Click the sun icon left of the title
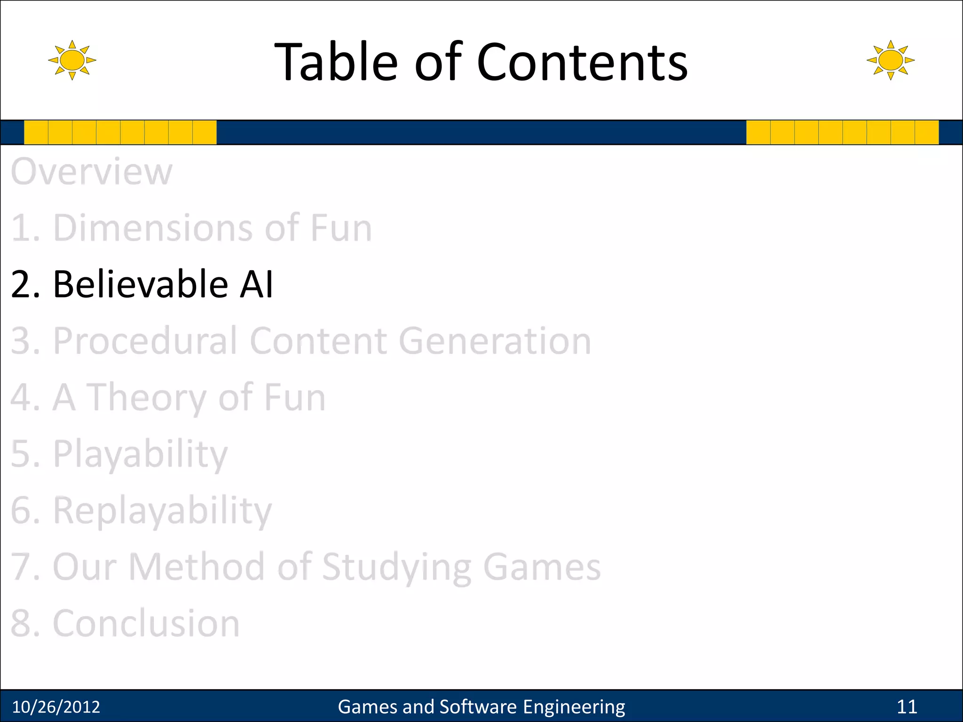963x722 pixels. [72, 60]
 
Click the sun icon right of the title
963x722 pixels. [890, 60]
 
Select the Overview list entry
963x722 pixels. [92, 172]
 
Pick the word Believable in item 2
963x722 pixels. [141, 284]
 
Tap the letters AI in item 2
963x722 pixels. [256, 284]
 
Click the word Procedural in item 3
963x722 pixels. [144, 341]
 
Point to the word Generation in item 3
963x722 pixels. [495, 341]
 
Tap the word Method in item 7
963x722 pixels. [196, 567]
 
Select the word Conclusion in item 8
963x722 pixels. [146, 623]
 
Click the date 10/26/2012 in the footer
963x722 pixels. [56, 707]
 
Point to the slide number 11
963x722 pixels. [907, 707]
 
